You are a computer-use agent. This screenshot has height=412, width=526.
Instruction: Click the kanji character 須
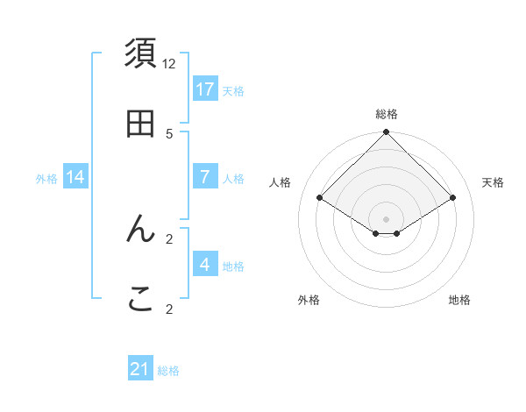point(141,54)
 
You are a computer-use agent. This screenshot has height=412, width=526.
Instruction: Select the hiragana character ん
point(141,230)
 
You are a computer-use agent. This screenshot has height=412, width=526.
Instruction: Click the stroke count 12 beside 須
point(169,63)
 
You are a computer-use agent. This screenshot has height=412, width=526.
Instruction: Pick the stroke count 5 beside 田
point(169,133)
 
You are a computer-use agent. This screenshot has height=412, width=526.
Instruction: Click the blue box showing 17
point(205,89)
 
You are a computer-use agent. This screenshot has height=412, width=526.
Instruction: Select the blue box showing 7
point(205,177)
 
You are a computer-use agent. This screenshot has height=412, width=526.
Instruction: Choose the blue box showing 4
point(205,265)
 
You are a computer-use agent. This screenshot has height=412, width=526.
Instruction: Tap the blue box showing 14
point(75,177)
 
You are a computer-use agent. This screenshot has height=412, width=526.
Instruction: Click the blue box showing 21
point(140,370)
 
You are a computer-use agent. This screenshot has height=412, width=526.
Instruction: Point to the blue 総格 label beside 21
point(168,371)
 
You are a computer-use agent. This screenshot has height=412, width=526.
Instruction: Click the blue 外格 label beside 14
point(46,178)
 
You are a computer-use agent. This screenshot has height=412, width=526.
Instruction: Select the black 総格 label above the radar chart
point(387,114)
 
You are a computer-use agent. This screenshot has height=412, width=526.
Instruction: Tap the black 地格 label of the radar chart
point(459,300)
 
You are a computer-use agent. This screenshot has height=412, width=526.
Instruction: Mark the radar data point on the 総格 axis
point(387,133)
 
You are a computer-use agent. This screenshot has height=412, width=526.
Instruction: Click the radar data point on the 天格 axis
point(453,197)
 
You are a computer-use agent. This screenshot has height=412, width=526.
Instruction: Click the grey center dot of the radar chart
point(387,218)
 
